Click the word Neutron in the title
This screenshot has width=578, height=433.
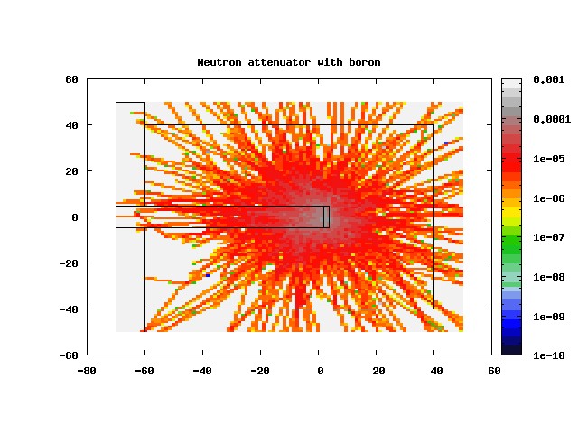pos(219,62)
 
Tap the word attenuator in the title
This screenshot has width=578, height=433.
pos(279,62)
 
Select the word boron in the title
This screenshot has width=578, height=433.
pos(365,62)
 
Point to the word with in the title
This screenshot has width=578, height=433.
pos(330,62)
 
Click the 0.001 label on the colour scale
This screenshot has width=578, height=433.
pos(548,79)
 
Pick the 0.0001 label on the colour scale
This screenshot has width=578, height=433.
pos(552,119)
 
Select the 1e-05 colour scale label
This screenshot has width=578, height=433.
pos(548,159)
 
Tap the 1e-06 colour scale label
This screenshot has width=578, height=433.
pos(548,198)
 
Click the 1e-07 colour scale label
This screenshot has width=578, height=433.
pos(548,237)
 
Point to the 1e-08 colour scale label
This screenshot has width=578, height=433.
pos(548,277)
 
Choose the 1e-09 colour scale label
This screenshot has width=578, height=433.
pos(548,317)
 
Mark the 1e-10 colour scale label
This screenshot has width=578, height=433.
pos(548,355)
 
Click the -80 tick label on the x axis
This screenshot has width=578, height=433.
pos(87,371)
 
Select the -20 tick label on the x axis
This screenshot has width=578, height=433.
pos(260,371)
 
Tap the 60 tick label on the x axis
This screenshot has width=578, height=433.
pos(494,371)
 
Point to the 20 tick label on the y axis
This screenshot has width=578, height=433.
pos(71,171)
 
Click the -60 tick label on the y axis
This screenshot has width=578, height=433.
pos(69,355)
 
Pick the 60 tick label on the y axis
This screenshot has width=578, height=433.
pos(71,79)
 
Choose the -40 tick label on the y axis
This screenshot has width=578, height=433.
pos(69,309)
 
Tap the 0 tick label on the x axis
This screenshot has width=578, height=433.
pos(320,371)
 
